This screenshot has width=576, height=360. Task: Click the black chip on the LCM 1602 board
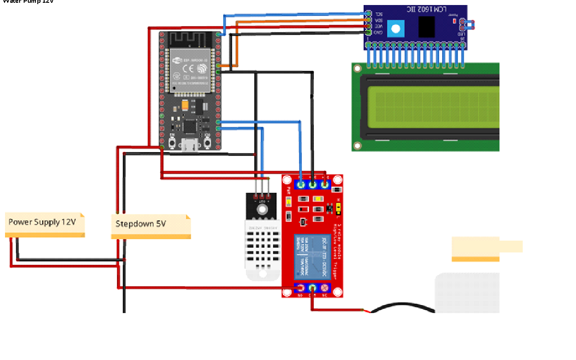pos(426,27)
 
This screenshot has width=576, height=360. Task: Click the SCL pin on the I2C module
pos(368,15)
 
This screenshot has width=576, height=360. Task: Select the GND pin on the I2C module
pos(368,32)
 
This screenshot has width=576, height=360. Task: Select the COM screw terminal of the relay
pos(313,288)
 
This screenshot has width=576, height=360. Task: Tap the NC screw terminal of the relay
pos(325,288)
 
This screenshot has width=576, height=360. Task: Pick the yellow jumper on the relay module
pos(338,209)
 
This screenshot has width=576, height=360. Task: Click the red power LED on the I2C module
pos(454,21)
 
